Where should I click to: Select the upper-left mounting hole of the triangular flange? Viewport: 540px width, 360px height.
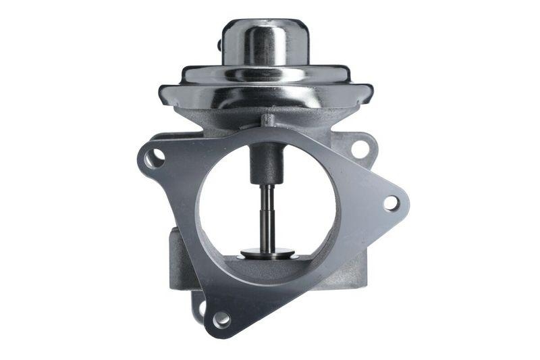click(x=154, y=158)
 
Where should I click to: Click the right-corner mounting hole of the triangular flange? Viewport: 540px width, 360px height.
click(x=391, y=202)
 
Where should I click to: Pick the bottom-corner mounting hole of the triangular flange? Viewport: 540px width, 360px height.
click(x=221, y=319)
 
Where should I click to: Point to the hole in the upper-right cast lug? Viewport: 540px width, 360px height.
click(x=360, y=147)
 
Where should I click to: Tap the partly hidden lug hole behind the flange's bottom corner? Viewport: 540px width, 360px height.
click(x=202, y=308)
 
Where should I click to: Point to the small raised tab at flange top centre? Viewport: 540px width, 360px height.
click(x=268, y=121)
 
